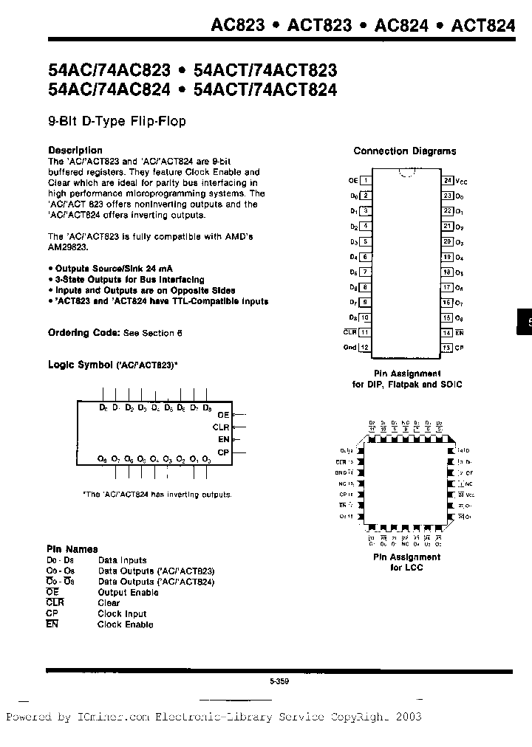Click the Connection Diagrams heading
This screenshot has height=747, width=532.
tap(404, 151)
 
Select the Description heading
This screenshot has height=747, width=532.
tap(75, 151)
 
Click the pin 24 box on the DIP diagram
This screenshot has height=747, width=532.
tap(448, 180)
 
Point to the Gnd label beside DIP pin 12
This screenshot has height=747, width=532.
tap(349, 347)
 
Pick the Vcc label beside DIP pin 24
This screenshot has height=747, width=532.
tap(462, 181)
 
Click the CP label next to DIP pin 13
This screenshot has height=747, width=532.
tap(459, 347)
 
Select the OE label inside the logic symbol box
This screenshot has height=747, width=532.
tap(224, 416)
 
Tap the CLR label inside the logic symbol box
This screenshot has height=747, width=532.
tap(221, 427)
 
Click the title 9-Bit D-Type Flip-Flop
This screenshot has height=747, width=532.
tap(117, 120)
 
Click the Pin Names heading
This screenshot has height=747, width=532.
tap(72, 549)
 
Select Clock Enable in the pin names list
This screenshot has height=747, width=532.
tap(126, 624)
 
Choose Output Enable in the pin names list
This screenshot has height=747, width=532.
tap(128, 592)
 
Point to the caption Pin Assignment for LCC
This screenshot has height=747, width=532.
tap(406, 562)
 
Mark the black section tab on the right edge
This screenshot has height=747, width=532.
tap(524, 322)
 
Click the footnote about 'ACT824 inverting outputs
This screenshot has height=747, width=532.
tap(157, 495)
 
